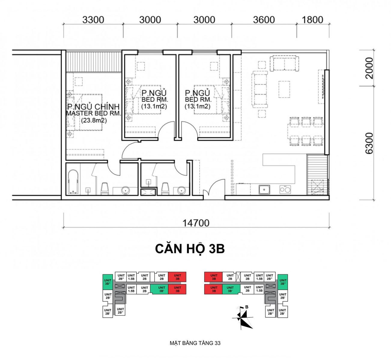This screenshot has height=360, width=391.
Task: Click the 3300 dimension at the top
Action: coord(93,20)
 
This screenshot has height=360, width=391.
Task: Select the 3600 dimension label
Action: coord(264,20)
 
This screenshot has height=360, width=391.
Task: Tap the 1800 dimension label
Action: coord(312,20)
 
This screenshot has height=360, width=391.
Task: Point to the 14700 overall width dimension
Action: coord(196,223)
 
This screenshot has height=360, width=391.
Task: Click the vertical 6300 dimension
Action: coord(369,143)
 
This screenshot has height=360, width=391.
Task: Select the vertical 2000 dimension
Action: coord(369,68)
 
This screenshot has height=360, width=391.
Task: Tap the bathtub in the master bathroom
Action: coord(73,182)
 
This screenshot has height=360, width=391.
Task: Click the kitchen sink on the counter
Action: coord(264,190)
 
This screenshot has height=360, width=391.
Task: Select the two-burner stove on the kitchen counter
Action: coord(285,190)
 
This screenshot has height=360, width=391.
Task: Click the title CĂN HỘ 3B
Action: coord(190,249)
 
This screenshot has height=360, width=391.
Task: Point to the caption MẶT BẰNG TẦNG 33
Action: coord(195,343)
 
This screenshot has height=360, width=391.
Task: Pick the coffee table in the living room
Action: coord(284,89)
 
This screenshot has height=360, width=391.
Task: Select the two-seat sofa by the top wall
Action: coord(284,63)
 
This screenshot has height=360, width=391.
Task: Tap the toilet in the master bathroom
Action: coord(105,189)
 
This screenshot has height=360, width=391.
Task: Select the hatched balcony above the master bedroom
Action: coord(94,62)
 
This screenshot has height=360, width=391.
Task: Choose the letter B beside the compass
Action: coord(247,307)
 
